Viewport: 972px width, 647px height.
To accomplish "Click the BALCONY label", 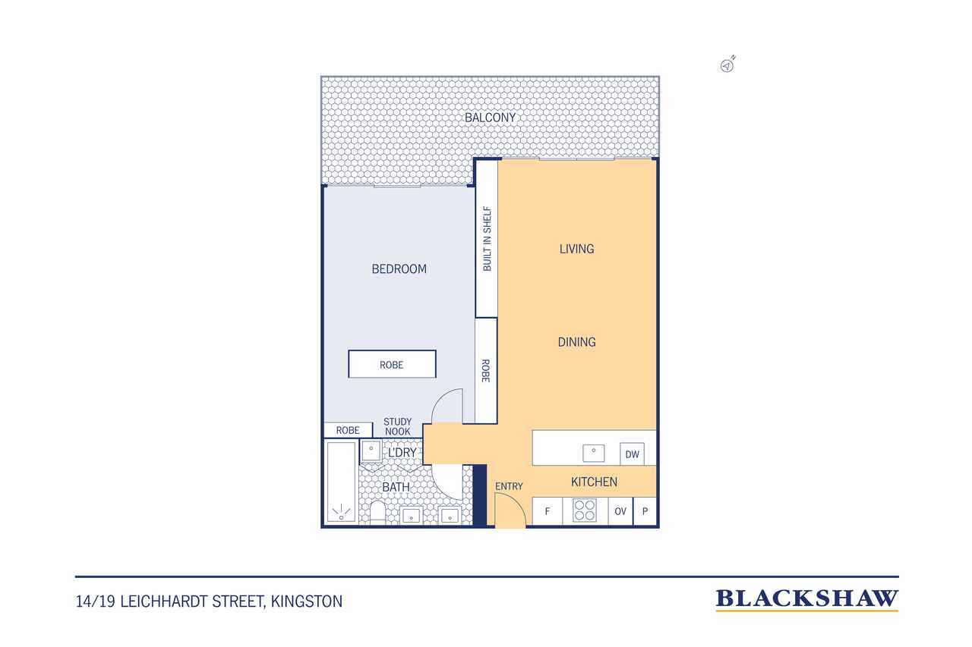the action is point(490,118).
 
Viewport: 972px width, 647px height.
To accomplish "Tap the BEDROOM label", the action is point(399,269).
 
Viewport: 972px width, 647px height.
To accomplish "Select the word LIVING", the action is point(576,250).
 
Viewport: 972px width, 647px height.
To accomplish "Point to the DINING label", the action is point(576,342).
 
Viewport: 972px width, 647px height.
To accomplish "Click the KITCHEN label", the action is point(594,482).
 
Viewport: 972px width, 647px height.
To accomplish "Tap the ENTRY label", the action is point(509,487).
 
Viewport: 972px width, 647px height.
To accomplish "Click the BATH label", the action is point(396,487).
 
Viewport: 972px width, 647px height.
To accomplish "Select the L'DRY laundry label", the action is point(402,453).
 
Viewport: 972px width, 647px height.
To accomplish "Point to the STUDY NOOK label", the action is point(397,427).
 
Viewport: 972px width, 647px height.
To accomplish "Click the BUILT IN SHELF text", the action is point(487,239).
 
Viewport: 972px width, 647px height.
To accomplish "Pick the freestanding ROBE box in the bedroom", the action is point(393,364).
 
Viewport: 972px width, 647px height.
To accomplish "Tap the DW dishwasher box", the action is point(633,454).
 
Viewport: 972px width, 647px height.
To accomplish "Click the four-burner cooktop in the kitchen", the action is point(585,510).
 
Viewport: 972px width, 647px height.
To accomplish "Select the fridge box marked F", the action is point(548,511).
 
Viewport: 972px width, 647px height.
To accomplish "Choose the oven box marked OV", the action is point(620,511).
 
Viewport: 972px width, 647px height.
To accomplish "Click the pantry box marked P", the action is point(645,511).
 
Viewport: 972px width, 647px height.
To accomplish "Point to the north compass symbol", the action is point(727,64).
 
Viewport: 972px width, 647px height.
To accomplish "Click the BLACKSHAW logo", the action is point(806,600).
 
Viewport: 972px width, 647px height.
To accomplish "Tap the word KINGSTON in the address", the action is point(307,601).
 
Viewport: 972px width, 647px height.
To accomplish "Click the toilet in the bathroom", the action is point(377,513).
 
